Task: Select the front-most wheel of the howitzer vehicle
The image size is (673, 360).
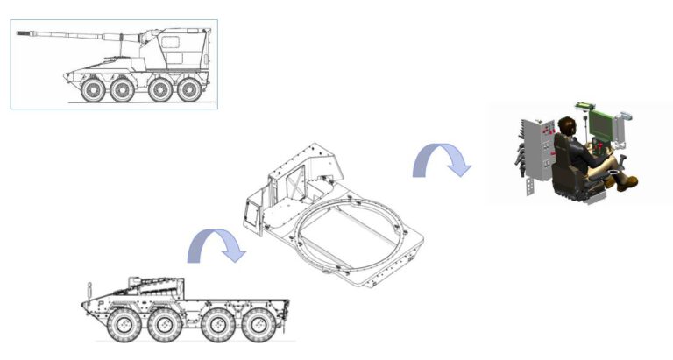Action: pos(92,90)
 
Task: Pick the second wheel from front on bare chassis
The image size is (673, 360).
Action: pos(164,326)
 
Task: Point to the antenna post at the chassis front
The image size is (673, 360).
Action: pos(89,290)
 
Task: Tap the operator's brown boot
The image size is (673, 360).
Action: pos(627,183)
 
